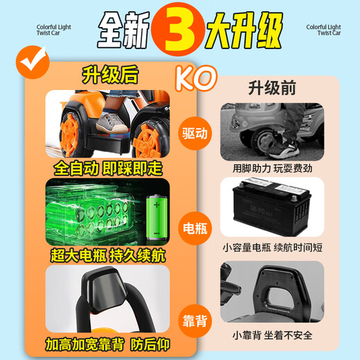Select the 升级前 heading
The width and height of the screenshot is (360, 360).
pos(270,88)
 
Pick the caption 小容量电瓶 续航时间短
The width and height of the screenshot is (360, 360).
pos(271,247)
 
